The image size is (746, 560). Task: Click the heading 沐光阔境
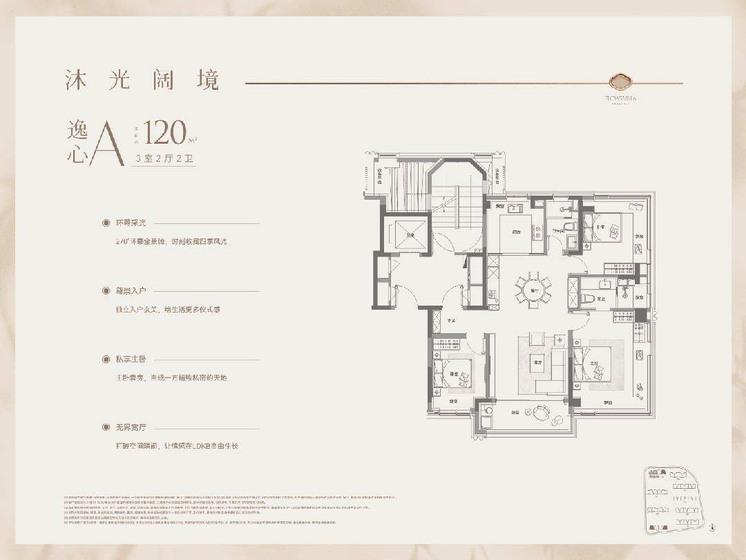click(x=141, y=80)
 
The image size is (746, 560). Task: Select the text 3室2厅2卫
click(x=164, y=158)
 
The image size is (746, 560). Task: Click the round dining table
click(x=533, y=291)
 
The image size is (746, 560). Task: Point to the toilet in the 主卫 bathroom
click(x=586, y=298)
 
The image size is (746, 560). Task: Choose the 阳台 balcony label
click(x=516, y=413)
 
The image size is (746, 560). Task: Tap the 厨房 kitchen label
click(x=516, y=232)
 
